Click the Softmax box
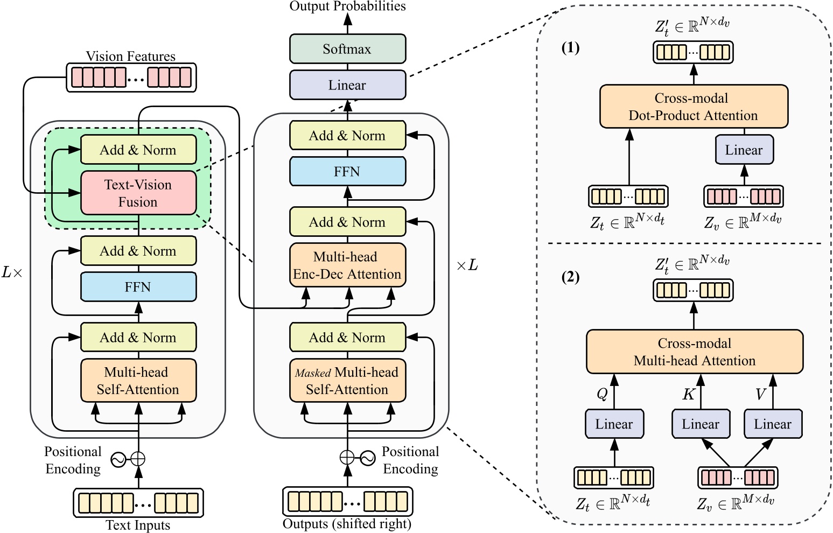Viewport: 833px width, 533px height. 347,49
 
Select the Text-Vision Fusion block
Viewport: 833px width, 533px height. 138,193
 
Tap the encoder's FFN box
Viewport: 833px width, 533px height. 138,287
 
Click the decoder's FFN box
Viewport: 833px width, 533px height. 347,172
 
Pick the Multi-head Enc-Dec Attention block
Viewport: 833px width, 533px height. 347,265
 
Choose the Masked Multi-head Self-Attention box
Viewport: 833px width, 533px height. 347,381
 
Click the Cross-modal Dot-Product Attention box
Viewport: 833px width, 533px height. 694,107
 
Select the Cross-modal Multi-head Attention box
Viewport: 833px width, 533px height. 694,352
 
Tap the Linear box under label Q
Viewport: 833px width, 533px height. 614,424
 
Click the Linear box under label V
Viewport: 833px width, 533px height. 773,424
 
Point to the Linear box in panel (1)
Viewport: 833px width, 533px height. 744,150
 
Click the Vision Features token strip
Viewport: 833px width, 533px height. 131,78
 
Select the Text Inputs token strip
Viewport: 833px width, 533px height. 138,503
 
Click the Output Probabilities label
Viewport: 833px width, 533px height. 347,6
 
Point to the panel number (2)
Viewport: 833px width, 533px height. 570,277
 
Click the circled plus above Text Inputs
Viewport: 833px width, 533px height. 138,459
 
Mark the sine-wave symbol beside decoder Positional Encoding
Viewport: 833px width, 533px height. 368,458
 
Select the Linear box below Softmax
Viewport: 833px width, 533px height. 347,85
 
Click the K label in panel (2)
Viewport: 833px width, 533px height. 688,395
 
